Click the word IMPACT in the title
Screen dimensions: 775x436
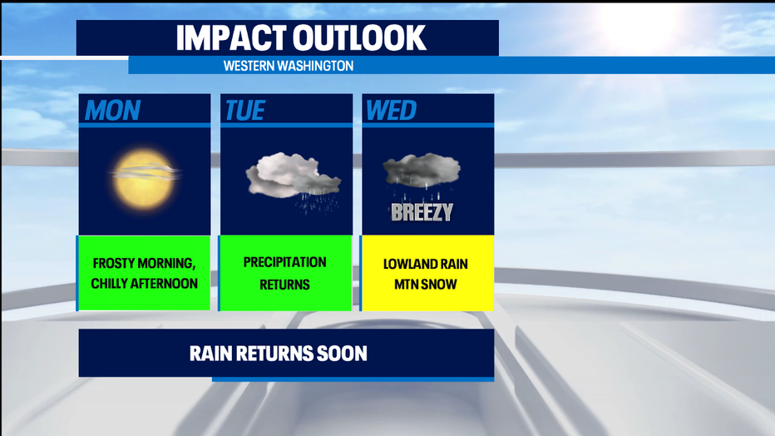231,37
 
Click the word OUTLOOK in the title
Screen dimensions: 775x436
359,37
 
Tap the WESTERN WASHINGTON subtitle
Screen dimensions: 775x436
289,66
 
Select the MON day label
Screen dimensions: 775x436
113,110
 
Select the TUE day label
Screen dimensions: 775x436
245,110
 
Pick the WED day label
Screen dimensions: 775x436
391,110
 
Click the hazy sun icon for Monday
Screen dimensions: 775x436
145,178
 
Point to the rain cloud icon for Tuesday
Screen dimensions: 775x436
294,181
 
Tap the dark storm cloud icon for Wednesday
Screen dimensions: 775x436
422,174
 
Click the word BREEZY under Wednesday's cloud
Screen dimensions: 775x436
422,212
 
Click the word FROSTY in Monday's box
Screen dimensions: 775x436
114,263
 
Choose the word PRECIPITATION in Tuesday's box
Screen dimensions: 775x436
284,262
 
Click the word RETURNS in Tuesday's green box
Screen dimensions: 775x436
284,285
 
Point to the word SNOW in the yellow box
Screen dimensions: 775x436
440,285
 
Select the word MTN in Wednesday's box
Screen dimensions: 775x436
407,285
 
